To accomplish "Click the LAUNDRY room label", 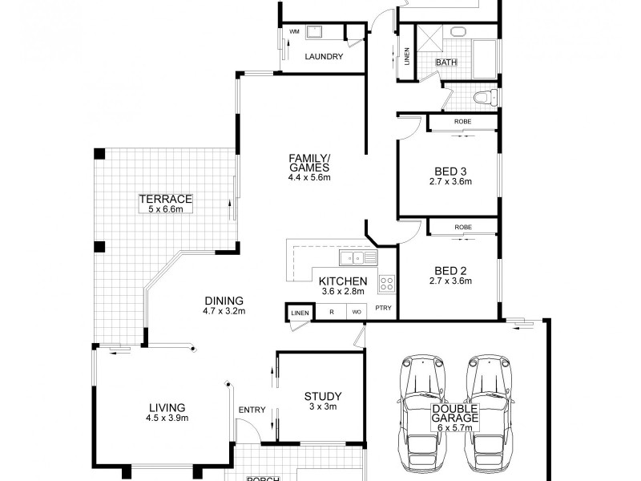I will (x=325, y=57).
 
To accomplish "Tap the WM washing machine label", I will (x=293, y=31).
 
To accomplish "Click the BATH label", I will (x=445, y=63).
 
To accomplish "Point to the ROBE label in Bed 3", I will (x=462, y=121).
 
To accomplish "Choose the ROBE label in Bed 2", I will (x=462, y=227).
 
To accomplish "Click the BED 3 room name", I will (x=450, y=171).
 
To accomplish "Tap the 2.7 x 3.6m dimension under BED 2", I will (x=450, y=281).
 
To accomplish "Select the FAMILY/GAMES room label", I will (x=309, y=162).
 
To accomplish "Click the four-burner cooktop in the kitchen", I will (x=386, y=283).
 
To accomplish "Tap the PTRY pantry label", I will (x=383, y=312).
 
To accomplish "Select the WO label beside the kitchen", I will (x=356, y=312).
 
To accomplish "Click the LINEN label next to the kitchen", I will (x=299, y=312).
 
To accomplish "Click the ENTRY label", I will (x=252, y=410).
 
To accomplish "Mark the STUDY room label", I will (x=323, y=396).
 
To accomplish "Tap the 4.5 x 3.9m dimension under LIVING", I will (x=166, y=418).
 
